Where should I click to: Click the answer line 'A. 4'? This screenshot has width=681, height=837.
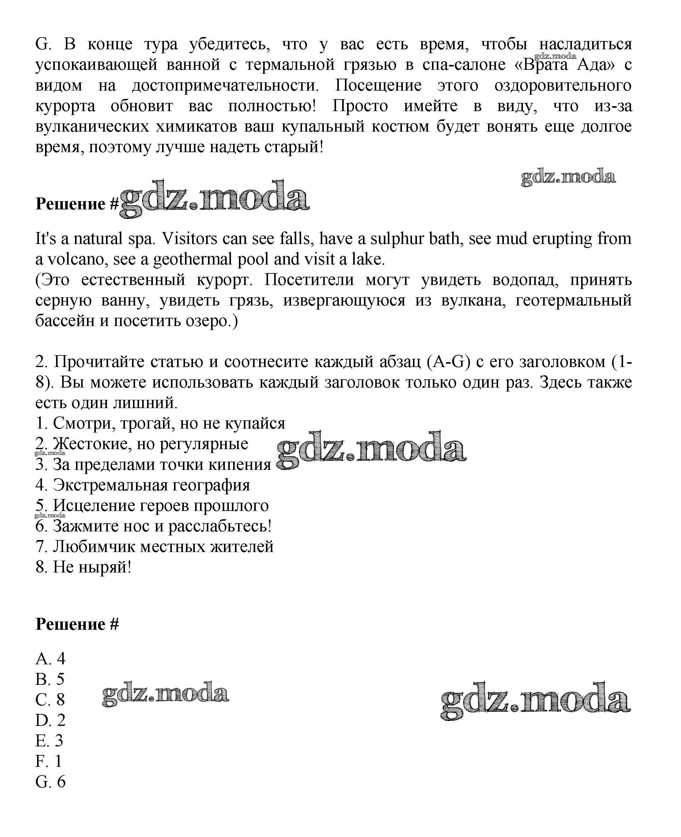pos(50,659)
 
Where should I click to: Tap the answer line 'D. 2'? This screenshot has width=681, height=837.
pos(50,720)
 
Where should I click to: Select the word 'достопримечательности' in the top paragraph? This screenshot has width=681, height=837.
pos(225,85)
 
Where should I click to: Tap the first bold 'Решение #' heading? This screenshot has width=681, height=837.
pos(77,204)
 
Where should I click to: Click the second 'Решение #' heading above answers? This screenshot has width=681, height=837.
pos(77,624)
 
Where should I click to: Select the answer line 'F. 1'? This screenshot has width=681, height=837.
pos(49,761)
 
